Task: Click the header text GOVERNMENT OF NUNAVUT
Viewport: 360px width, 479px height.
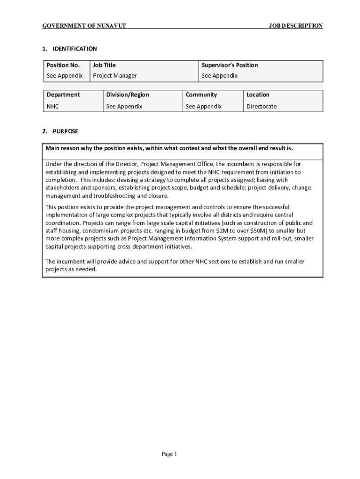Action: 84,26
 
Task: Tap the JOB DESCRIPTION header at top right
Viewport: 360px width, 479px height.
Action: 295,26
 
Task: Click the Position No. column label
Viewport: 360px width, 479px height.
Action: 63,65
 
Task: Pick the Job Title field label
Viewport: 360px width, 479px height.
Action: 104,65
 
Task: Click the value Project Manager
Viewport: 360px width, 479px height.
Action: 115,75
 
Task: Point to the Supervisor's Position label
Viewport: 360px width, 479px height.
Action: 230,65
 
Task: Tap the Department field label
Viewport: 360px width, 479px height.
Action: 63,94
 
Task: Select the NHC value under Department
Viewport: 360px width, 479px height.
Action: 53,106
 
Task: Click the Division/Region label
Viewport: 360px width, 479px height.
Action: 128,94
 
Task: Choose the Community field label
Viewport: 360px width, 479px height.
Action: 202,94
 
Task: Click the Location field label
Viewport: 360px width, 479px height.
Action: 258,94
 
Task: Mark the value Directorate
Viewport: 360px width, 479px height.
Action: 261,106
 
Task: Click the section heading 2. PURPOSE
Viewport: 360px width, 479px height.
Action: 60,131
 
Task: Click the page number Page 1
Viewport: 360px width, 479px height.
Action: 169,454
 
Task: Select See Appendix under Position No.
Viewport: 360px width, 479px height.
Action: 65,75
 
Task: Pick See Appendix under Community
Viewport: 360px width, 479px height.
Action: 204,106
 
